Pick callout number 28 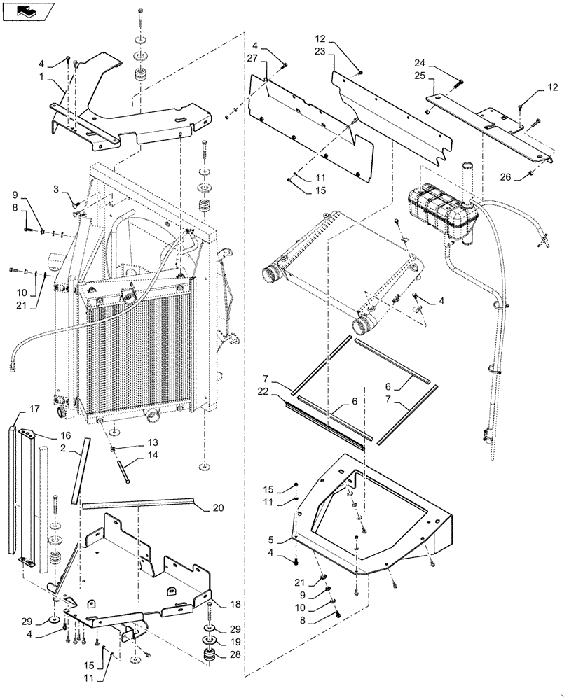[x=235, y=656]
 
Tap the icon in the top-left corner [x=27, y=10]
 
